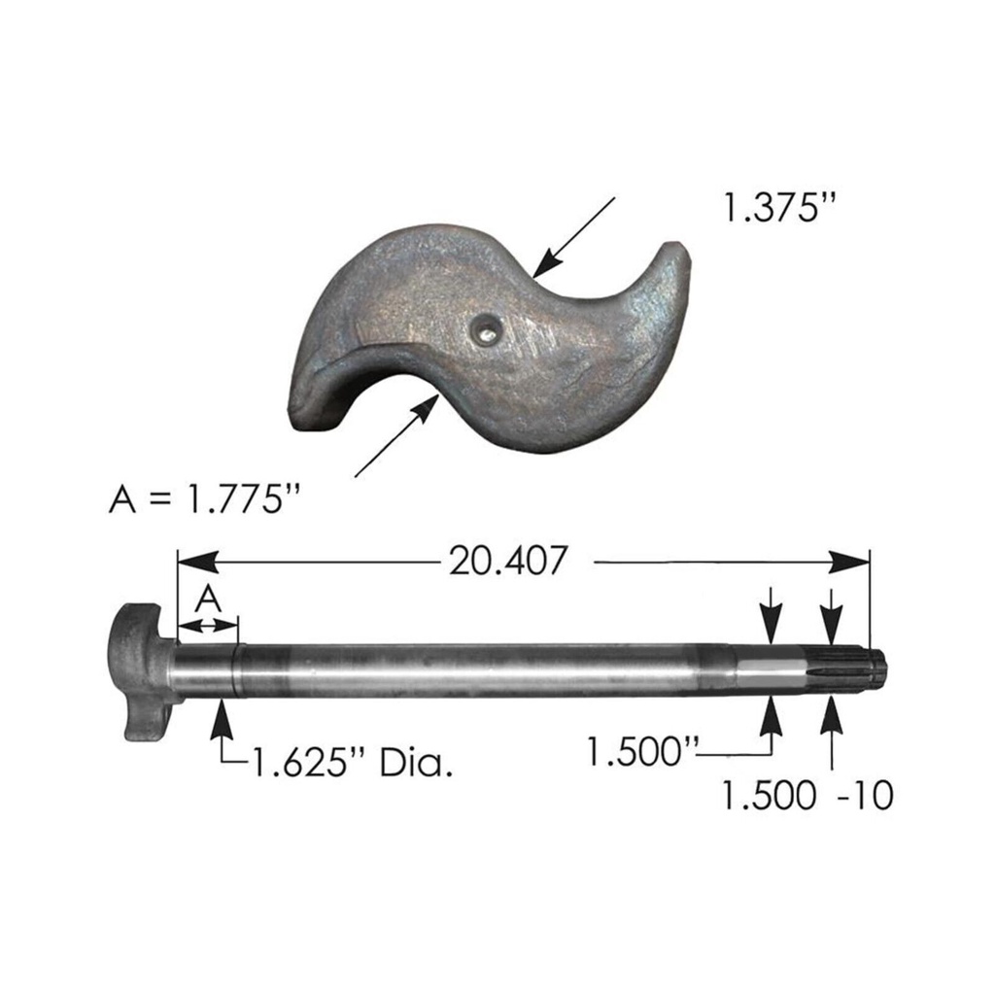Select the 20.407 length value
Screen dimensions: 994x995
coord(506,562)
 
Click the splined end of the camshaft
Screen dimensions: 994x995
coord(855,669)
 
